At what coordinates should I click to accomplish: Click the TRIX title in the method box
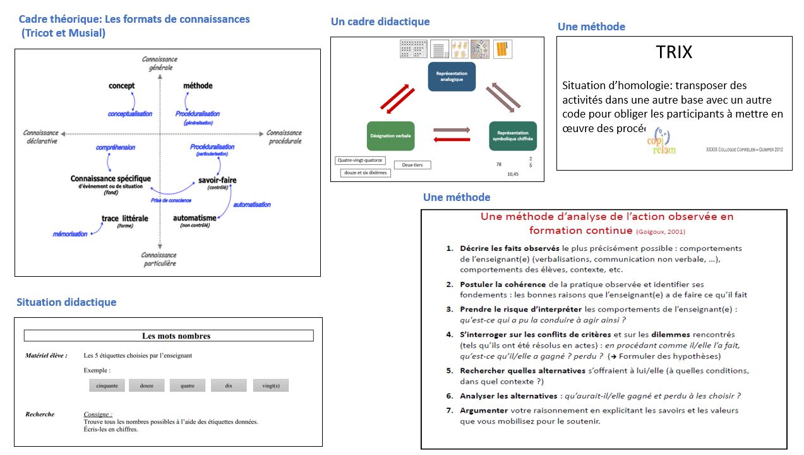[674, 52]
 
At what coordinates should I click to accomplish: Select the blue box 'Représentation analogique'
[452, 76]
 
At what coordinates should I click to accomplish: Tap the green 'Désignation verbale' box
[390, 136]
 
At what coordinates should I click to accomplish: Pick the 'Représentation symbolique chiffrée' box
[513, 136]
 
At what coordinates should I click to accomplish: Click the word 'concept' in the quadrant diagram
[121, 86]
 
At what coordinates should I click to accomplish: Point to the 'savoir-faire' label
[217, 180]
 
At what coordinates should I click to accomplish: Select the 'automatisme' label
[195, 218]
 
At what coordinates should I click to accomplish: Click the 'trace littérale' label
[124, 219]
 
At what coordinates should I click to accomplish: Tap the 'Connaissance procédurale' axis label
[284, 136]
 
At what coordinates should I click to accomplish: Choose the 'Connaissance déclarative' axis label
[40, 136]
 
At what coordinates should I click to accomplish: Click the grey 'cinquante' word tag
[107, 385]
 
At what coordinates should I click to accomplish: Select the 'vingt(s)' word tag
[270, 385]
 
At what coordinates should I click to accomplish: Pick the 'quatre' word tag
[187, 385]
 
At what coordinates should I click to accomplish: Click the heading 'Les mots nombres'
[176, 336]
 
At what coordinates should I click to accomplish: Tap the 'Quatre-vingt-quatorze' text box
[360, 161]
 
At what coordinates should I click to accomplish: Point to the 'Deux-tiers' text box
[412, 165]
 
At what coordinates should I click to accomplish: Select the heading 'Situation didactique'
[66, 302]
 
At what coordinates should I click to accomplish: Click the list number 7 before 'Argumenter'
[450, 410]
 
